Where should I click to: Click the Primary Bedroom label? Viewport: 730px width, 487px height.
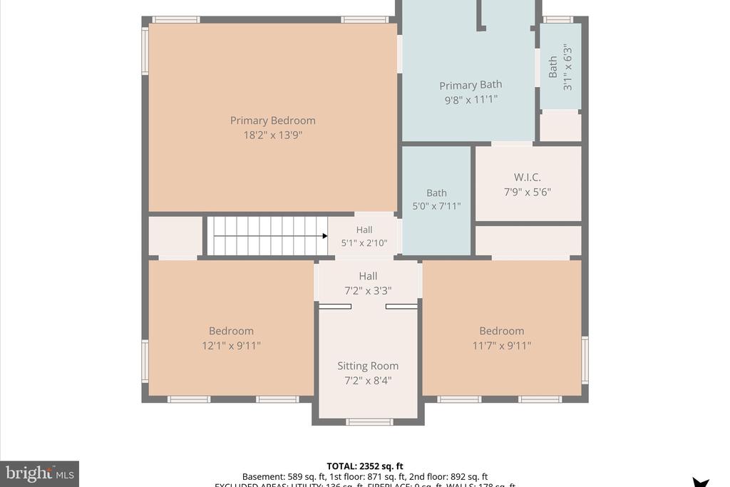(x=272, y=121)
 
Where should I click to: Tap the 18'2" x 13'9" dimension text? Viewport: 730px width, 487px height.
(x=272, y=135)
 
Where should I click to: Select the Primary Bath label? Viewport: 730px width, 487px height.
(x=471, y=85)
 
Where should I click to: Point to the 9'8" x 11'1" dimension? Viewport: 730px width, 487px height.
(x=471, y=100)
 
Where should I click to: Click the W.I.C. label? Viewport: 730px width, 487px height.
(x=528, y=177)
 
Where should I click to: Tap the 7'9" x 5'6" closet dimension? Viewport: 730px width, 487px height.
(x=528, y=192)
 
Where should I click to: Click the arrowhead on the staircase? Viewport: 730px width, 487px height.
(x=324, y=236)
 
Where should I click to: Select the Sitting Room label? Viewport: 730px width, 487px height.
(x=368, y=366)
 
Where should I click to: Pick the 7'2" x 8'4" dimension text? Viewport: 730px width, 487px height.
(x=368, y=381)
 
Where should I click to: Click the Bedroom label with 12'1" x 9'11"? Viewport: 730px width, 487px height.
(x=231, y=331)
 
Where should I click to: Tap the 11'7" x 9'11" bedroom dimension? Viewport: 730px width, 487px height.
(x=502, y=346)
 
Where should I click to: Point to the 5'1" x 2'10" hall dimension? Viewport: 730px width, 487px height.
(x=364, y=243)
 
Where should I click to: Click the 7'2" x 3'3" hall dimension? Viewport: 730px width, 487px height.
(x=368, y=290)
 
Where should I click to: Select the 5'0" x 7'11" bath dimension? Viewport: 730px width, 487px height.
(x=436, y=207)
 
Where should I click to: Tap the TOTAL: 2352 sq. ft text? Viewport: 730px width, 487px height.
(x=364, y=466)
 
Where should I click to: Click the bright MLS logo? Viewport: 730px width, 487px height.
(x=39, y=473)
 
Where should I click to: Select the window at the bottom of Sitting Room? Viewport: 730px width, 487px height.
(x=369, y=422)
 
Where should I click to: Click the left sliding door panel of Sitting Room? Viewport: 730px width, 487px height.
(x=335, y=307)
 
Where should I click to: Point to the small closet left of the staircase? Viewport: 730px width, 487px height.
(x=175, y=236)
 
